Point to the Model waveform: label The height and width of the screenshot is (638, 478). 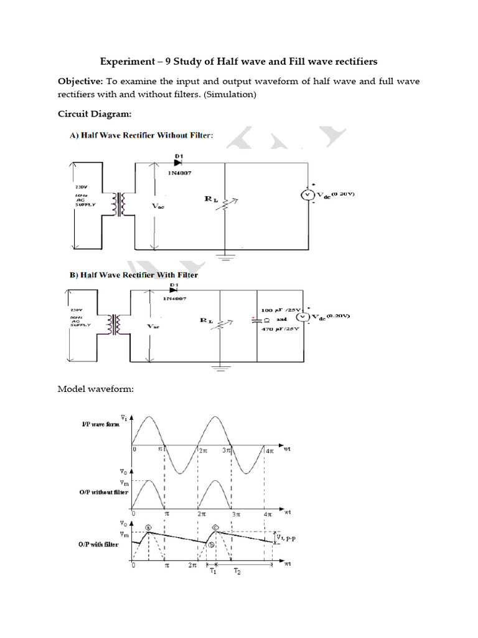pos(96,389)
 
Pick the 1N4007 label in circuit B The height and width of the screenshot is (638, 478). pos(177,298)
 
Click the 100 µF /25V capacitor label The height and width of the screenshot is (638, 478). pos(284,310)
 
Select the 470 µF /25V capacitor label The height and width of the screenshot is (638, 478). pos(284,328)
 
